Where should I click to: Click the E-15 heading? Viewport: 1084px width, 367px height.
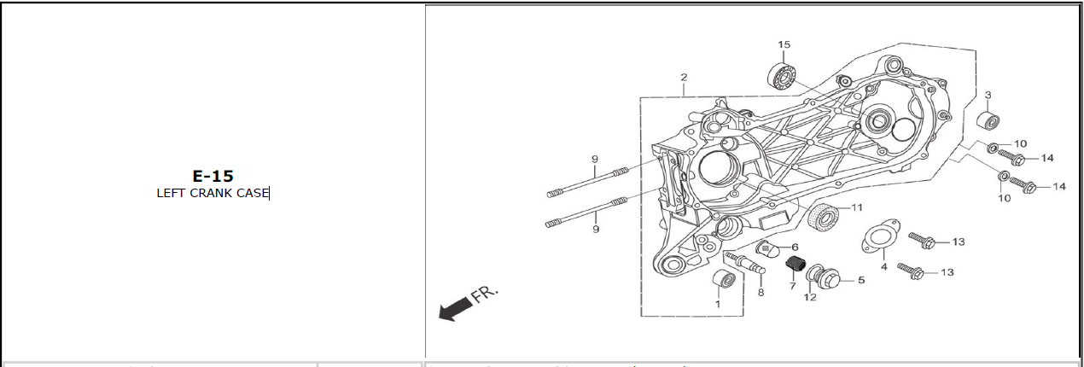[213, 176]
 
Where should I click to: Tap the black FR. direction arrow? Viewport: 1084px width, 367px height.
[456, 309]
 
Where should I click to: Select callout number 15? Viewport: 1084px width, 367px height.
[784, 44]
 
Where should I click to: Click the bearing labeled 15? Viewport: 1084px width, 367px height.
[782, 76]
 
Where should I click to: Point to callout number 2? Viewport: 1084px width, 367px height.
[684, 77]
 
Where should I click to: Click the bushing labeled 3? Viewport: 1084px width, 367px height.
[988, 120]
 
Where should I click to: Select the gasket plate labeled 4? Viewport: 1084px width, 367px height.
[881, 236]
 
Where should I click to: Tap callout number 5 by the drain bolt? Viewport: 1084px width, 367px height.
[861, 280]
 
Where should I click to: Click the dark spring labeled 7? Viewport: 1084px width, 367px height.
[796, 264]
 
